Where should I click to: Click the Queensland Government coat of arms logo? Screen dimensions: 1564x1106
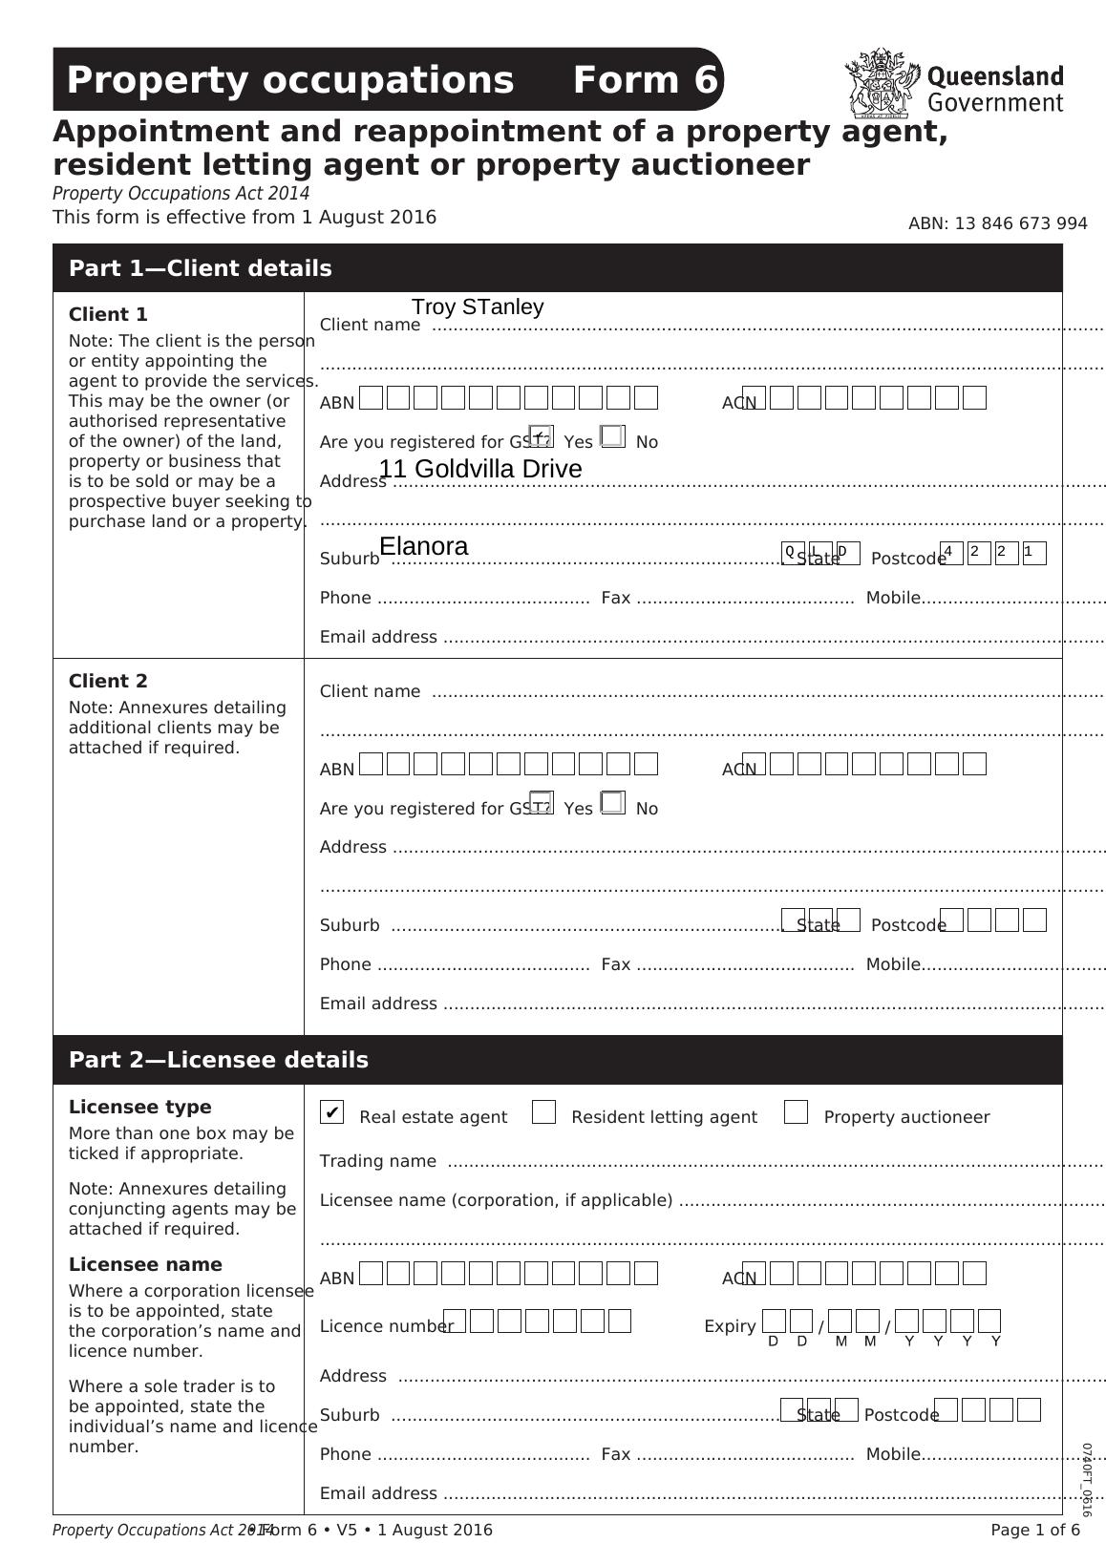click(x=881, y=84)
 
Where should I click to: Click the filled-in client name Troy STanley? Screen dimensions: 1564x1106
click(x=478, y=307)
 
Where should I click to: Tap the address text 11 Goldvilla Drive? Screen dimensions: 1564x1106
click(x=480, y=469)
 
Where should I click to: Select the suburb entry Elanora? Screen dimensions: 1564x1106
click(x=424, y=546)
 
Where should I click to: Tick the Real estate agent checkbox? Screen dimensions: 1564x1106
click(x=331, y=1112)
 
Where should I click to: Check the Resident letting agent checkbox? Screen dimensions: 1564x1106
click(x=544, y=1112)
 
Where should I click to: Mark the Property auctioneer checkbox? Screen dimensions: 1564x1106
click(x=796, y=1112)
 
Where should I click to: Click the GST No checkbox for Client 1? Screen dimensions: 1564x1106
click(x=613, y=437)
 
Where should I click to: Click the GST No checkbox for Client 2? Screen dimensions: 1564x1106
click(x=613, y=804)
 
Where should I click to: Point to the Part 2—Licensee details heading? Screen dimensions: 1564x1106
click(x=219, y=1060)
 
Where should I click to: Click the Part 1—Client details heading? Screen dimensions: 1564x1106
click(x=201, y=268)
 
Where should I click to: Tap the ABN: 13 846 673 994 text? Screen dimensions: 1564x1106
click(x=997, y=223)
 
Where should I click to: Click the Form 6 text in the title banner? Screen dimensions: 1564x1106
click(x=645, y=80)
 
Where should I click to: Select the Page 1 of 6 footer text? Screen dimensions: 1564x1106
click(x=1035, y=1530)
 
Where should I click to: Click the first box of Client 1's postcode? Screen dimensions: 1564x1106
click(x=952, y=554)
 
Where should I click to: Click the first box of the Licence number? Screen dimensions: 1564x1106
click(x=456, y=1321)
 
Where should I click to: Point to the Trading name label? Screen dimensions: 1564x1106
click(x=378, y=1161)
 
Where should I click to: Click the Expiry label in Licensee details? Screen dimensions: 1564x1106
click(x=730, y=1326)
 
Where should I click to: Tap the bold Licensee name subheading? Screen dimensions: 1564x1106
click(x=145, y=1264)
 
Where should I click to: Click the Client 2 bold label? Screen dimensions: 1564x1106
click(x=108, y=681)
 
